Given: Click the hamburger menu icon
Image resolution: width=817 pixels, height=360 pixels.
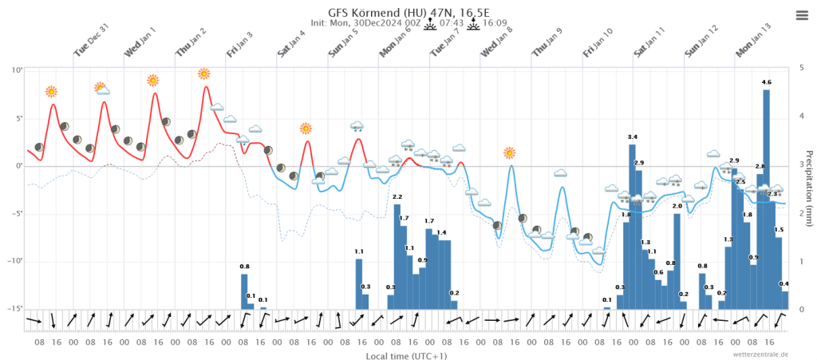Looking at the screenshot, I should pos(802,15).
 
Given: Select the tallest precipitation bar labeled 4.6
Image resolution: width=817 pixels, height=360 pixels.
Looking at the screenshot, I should pos(767,200).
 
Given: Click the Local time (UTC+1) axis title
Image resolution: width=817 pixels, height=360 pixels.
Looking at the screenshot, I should pos(407,354).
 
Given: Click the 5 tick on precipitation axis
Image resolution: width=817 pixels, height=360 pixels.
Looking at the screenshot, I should pos(800,69).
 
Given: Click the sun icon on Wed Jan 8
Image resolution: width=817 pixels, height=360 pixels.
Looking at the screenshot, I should pos(510,152).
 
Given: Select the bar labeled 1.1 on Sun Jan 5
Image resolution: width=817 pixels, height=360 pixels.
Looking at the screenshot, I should pos(359,283).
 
